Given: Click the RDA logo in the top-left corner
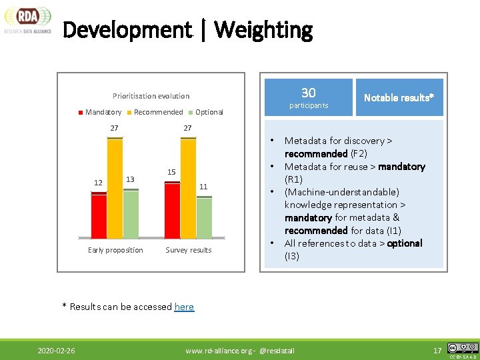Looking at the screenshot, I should [x=27, y=19].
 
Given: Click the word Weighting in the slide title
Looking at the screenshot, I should [x=263, y=30].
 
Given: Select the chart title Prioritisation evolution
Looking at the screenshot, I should [x=151, y=96].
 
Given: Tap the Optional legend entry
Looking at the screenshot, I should [x=205, y=112].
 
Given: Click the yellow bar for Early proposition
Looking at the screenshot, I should [x=115, y=188].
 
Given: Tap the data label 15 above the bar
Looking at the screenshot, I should [x=171, y=173].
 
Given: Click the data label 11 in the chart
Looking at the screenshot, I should [x=203, y=187].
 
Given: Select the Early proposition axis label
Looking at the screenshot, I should [x=115, y=250].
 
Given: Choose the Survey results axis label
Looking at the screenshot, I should [x=188, y=250].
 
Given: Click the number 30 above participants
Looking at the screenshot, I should [x=308, y=93].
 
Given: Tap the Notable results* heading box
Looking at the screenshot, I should [x=399, y=97].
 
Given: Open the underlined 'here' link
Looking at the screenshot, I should [x=184, y=307].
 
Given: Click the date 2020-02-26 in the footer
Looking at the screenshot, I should [x=56, y=350].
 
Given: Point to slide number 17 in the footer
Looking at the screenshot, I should [x=437, y=350].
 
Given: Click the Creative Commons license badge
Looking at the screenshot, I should [x=463, y=348].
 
